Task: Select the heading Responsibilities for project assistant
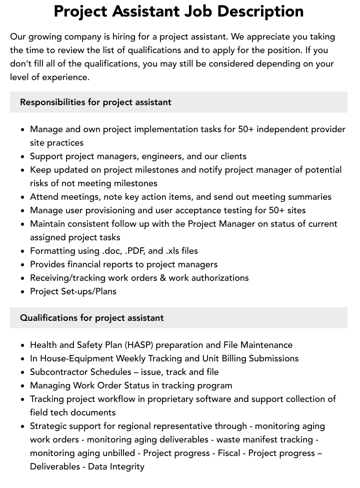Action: [95, 102]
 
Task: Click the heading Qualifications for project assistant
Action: [92, 318]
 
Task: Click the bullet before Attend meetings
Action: [22, 197]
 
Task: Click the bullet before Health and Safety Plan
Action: [22, 345]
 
